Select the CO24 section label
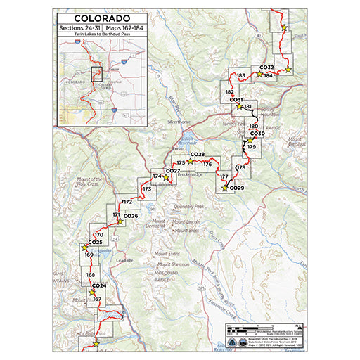coord(98,285)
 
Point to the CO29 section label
coord(236,188)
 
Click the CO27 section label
coord(172,171)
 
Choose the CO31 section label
coord(236,100)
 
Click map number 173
coord(147,189)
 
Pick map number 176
coord(207,164)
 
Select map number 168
coord(90,275)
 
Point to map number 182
coord(229,92)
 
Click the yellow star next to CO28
coord(190,161)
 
